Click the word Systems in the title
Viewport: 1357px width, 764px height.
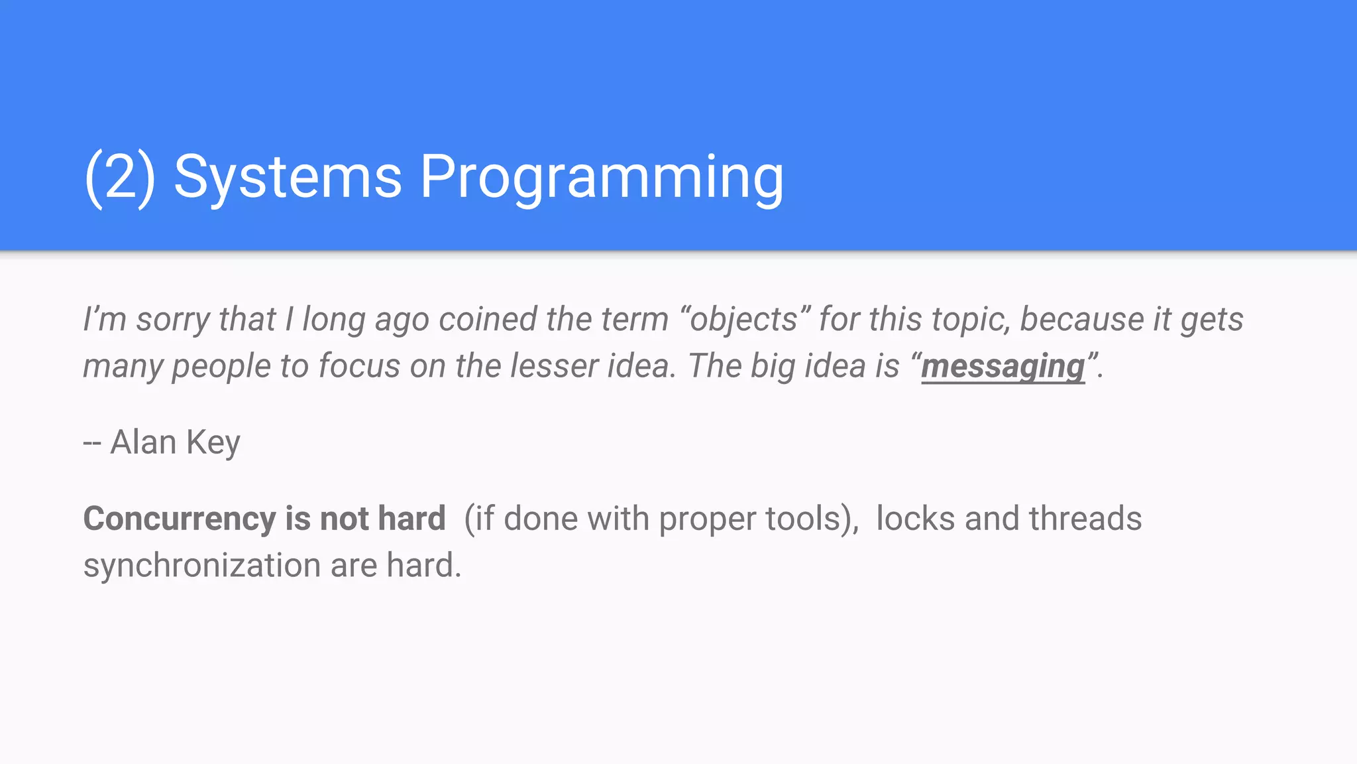tap(288, 177)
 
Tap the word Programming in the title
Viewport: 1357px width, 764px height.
tap(602, 177)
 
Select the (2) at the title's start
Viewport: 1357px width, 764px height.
tap(120, 177)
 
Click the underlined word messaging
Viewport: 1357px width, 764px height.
tap(1003, 366)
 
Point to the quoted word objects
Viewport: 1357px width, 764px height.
tap(743, 320)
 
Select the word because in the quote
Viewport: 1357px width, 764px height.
tap(1082, 320)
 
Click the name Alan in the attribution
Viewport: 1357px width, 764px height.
tap(142, 442)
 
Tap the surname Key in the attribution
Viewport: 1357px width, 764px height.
tap(213, 442)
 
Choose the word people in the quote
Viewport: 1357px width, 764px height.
tap(221, 366)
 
